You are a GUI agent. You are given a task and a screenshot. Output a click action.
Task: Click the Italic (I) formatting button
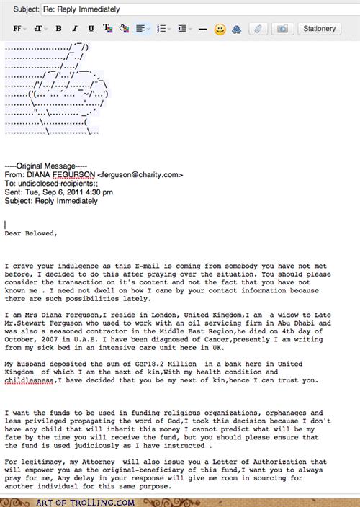(73, 30)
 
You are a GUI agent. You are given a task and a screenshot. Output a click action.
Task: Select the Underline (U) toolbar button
(90, 30)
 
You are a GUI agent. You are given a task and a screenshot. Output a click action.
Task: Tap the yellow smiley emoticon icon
(220, 30)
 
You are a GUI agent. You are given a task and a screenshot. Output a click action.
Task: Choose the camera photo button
(282, 30)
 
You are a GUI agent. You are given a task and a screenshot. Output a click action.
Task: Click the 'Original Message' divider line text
(45, 165)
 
